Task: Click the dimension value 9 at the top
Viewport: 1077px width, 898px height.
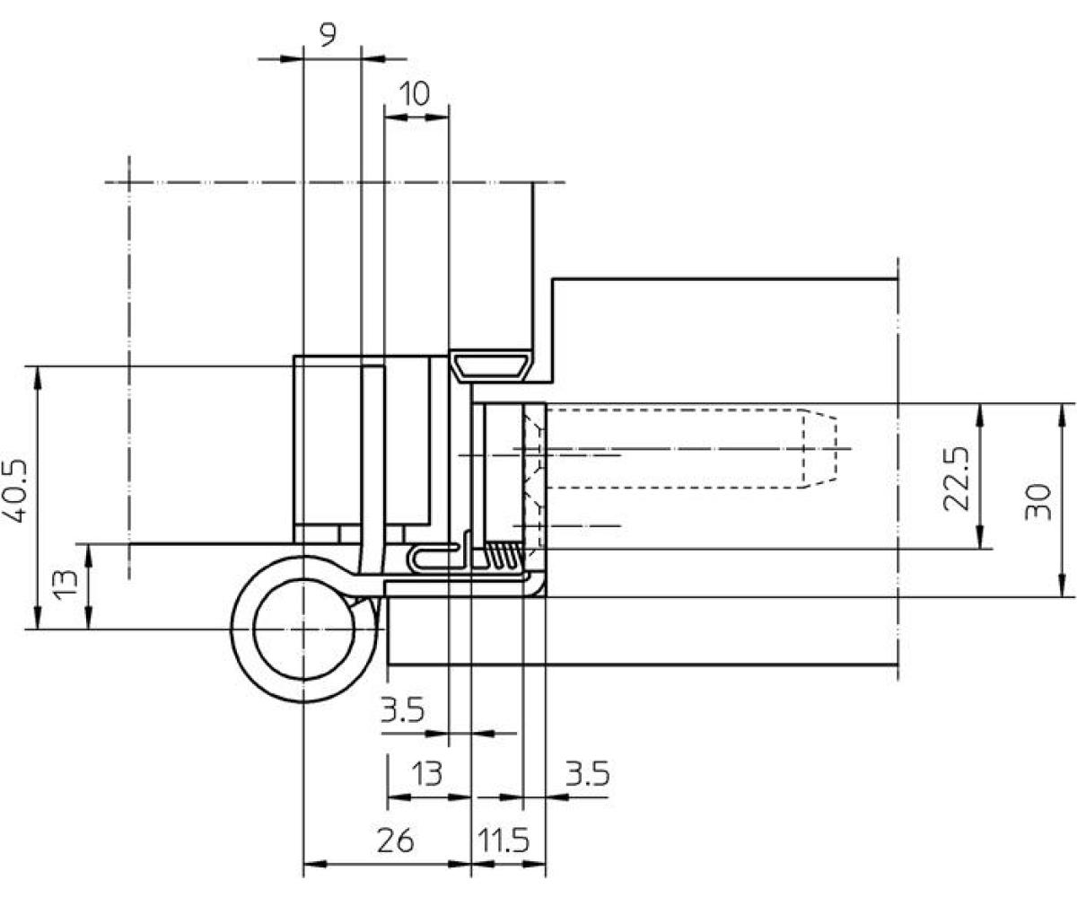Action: click(x=328, y=35)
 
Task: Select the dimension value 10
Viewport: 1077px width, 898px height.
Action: click(x=414, y=94)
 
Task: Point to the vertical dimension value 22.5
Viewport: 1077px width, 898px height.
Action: click(x=956, y=479)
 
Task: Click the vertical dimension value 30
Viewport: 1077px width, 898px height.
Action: click(x=1038, y=502)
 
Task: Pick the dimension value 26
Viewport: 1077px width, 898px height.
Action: click(x=395, y=841)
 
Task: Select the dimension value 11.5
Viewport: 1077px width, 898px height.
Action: click(x=503, y=841)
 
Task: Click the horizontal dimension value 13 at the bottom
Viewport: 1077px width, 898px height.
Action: click(x=426, y=774)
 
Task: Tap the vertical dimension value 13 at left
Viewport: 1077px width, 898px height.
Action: click(x=66, y=585)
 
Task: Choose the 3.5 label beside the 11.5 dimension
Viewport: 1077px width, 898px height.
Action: click(x=588, y=773)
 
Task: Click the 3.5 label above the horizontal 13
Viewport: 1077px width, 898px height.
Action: click(x=402, y=709)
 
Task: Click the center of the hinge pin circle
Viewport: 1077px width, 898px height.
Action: click(x=304, y=629)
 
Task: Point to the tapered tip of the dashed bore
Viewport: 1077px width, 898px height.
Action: click(x=819, y=448)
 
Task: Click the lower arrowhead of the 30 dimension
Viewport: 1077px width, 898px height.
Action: click(x=1062, y=585)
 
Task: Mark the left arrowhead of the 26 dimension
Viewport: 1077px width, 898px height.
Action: click(x=315, y=864)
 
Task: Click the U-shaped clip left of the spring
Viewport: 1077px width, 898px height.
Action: click(x=433, y=558)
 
